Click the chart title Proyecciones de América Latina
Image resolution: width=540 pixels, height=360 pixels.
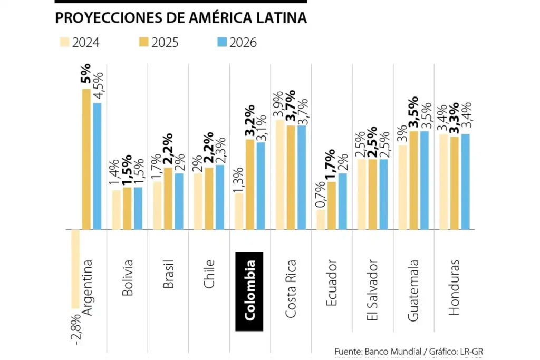(181, 18)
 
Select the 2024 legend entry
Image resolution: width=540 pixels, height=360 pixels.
(80, 42)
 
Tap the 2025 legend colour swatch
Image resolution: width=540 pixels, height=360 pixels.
(143, 42)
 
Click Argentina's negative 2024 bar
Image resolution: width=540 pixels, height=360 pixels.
(75, 269)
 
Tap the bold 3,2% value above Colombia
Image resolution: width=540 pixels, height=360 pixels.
(249, 121)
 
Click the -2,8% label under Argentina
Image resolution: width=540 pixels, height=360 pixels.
(75, 329)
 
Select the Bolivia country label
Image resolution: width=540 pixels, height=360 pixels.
(127, 277)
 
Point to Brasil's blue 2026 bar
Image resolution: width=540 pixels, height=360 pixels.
(179, 201)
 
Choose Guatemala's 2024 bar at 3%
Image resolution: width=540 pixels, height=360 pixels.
(402, 187)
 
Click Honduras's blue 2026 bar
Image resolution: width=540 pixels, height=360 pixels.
(465, 182)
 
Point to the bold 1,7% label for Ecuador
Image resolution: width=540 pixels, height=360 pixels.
(331, 164)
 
